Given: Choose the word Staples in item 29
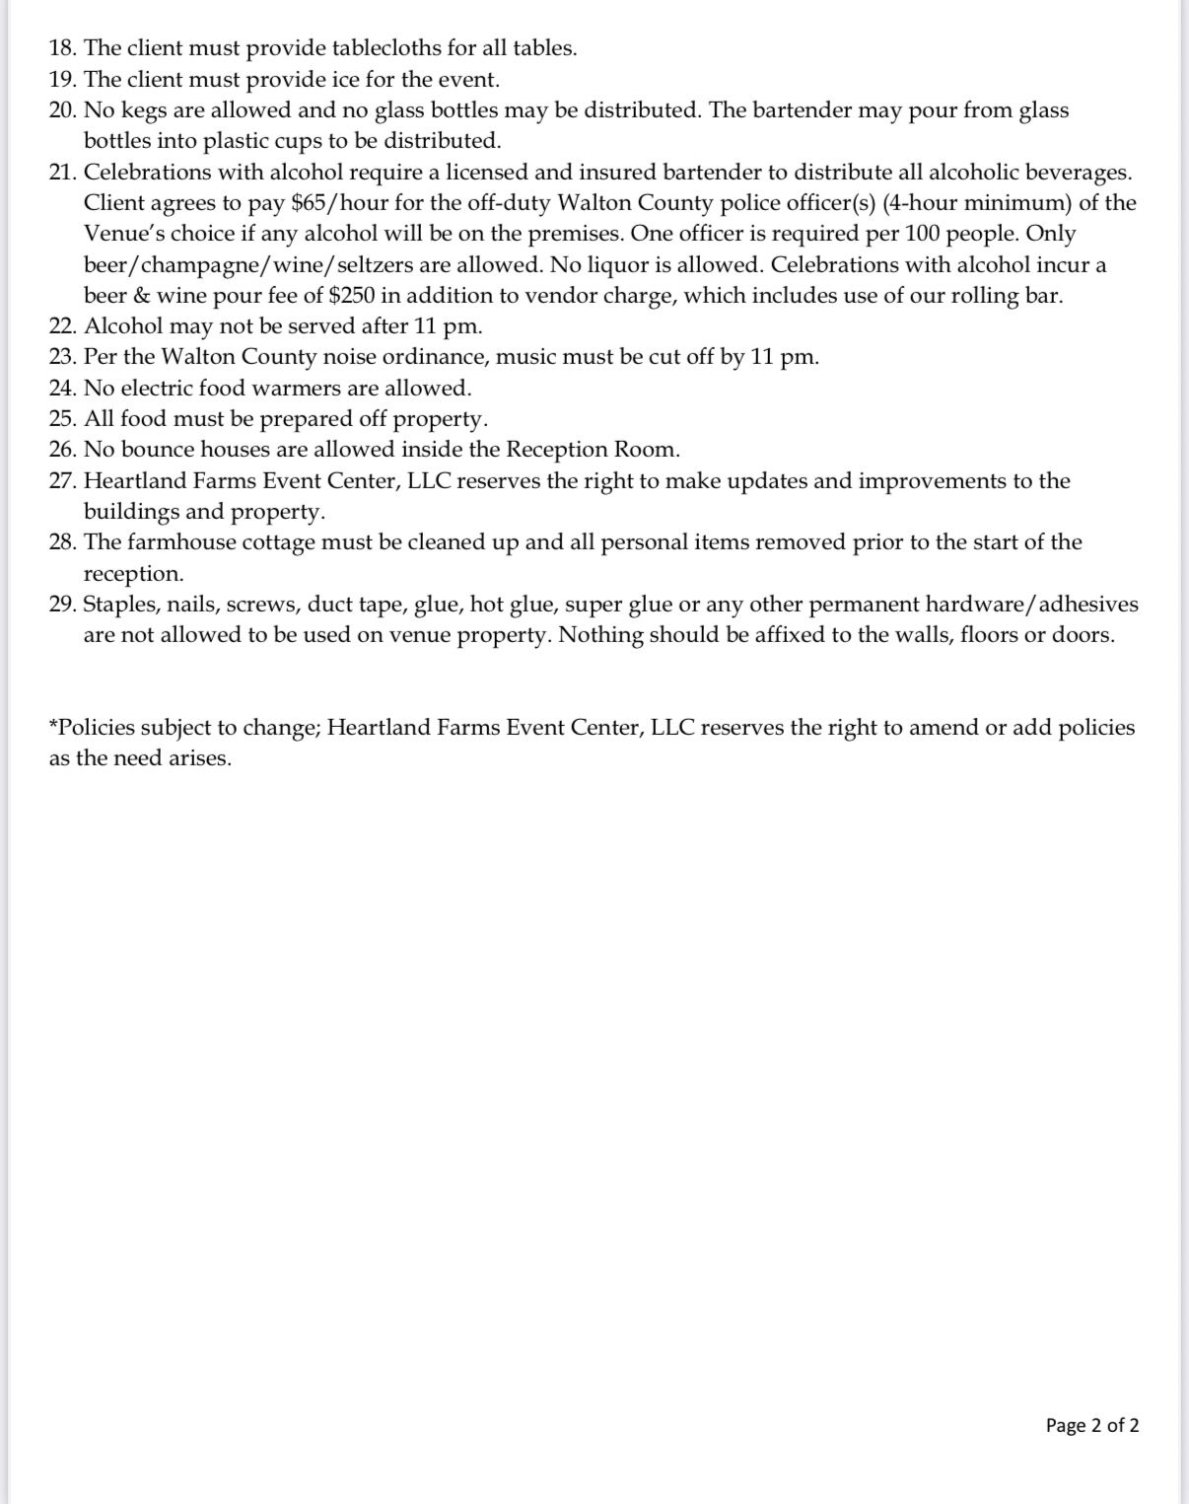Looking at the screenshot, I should click(121, 605).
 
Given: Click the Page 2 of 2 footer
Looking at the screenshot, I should click(1091, 1425).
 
